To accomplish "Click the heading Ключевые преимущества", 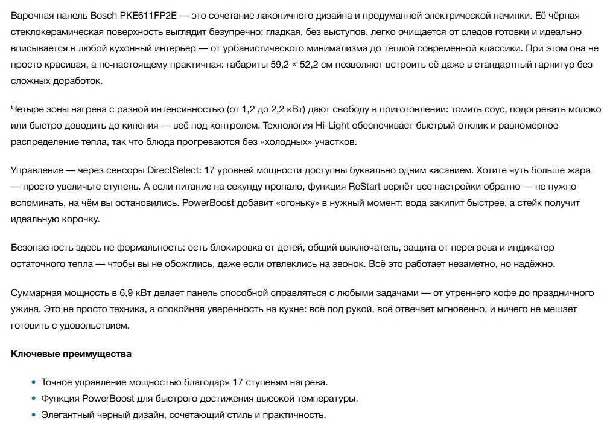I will pyautogui.click(x=71, y=354).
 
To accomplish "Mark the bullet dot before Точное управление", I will pyautogui.click(x=33, y=383).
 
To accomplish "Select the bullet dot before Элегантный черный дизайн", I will pyautogui.click(x=33, y=416).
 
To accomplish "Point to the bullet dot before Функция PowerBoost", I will pyautogui.click(x=33, y=399).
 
